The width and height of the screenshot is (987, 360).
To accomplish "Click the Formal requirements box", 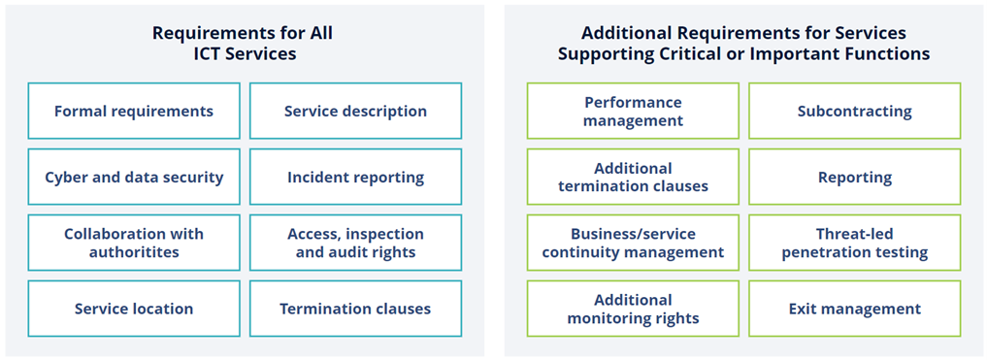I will coord(134,111).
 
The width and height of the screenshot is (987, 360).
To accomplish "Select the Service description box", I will coord(355,111).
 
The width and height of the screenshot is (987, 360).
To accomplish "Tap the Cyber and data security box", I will coord(134,177).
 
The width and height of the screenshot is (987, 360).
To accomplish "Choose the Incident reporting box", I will coord(355,177).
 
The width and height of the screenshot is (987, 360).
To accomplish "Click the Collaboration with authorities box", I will coord(134,243).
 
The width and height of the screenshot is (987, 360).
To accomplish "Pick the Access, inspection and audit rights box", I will coord(355,243).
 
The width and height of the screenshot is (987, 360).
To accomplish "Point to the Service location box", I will coord(134,309).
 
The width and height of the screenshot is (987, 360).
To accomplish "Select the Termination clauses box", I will coord(355,309).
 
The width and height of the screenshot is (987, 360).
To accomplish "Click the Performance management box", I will coord(633,111).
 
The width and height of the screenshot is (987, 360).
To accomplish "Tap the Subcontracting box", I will coord(854,111).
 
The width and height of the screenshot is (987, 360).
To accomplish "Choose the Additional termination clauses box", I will coord(633,177).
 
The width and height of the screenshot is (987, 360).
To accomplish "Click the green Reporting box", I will coord(854,177).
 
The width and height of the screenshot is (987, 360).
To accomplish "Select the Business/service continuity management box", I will coord(633,243).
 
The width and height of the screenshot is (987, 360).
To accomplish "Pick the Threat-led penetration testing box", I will coord(854,243).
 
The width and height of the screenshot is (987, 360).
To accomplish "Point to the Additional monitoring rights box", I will coord(633,309).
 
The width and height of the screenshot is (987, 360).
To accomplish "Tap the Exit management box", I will coord(854,309).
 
